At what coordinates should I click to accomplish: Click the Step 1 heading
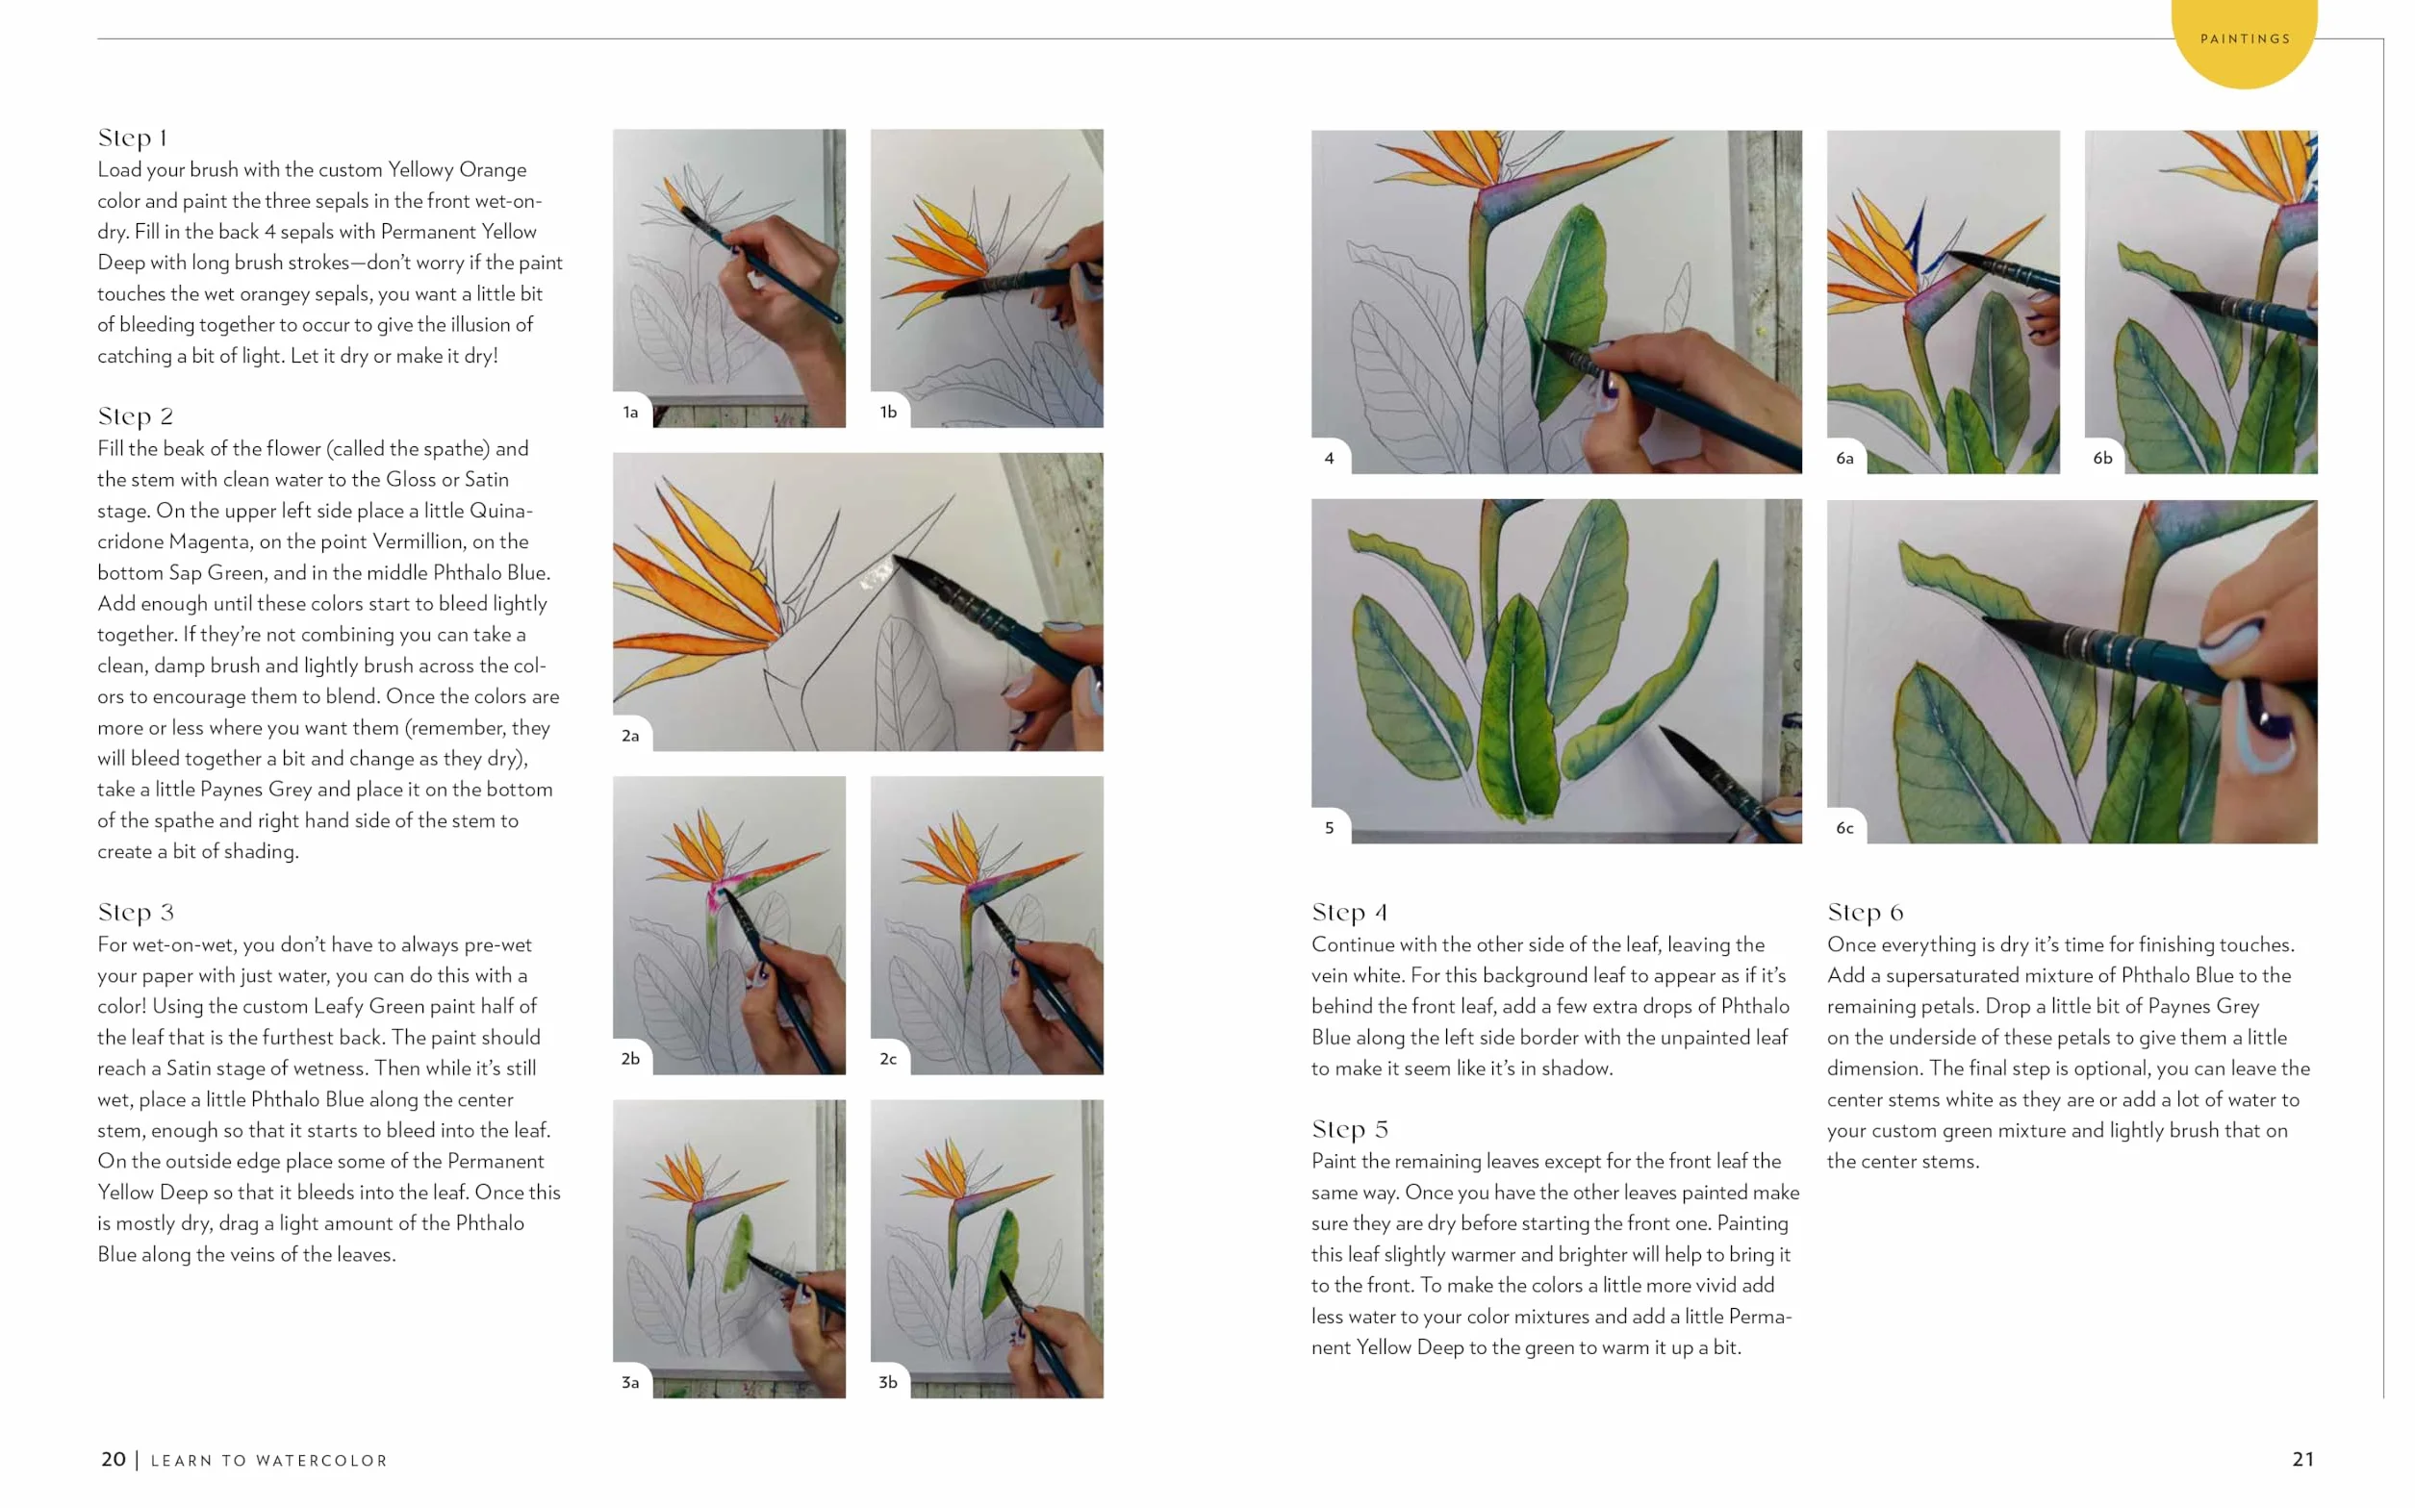(x=133, y=138)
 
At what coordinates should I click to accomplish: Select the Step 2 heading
(x=136, y=415)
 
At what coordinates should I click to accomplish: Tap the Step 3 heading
(x=136, y=912)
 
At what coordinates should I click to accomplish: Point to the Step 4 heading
(x=1350, y=912)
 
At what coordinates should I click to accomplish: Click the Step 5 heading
(x=1350, y=1129)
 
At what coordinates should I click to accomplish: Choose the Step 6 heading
(x=1866, y=912)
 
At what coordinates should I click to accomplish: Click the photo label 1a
(x=630, y=412)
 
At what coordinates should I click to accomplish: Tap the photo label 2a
(x=630, y=736)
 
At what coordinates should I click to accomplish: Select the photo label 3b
(x=888, y=1382)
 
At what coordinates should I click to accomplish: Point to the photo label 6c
(x=1845, y=828)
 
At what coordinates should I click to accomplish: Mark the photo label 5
(x=1329, y=828)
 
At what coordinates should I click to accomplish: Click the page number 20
(x=114, y=1459)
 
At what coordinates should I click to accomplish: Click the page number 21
(x=2303, y=1459)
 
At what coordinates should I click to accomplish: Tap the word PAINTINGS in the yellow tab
(x=2246, y=38)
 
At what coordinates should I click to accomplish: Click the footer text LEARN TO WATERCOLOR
(x=269, y=1460)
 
